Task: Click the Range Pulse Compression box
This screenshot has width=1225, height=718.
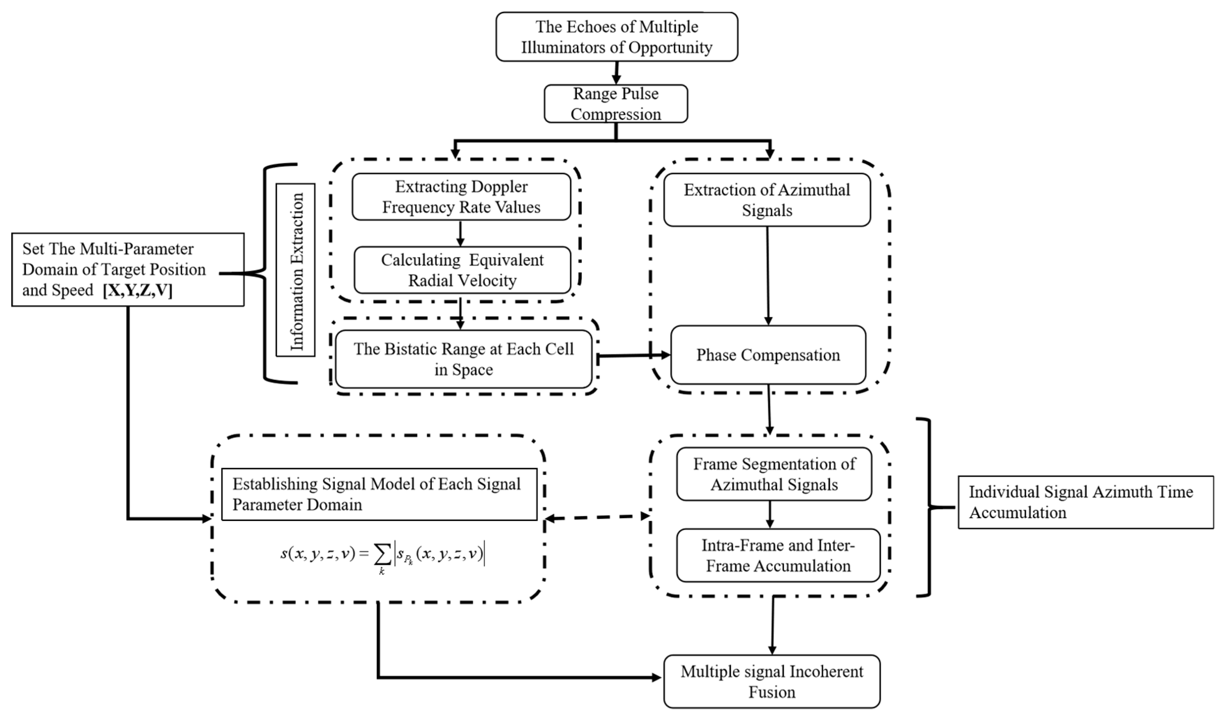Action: tap(615, 104)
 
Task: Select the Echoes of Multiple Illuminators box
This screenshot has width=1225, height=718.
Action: tap(617, 37)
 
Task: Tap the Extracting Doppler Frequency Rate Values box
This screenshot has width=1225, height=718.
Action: tap(461, 197)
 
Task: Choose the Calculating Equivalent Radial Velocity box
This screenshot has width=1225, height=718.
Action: tap(462, 270)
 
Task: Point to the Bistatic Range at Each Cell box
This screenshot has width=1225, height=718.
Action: tap(463, 359)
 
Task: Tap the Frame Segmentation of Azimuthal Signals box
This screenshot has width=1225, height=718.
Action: tap(774, 474)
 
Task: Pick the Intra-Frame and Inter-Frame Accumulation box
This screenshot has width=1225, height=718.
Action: tap(778, 555)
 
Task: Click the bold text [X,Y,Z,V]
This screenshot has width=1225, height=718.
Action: tap(138, 290)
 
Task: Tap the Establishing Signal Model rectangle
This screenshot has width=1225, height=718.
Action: tap(379, 494)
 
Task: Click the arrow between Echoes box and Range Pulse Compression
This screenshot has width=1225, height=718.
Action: tap(617, 73)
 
